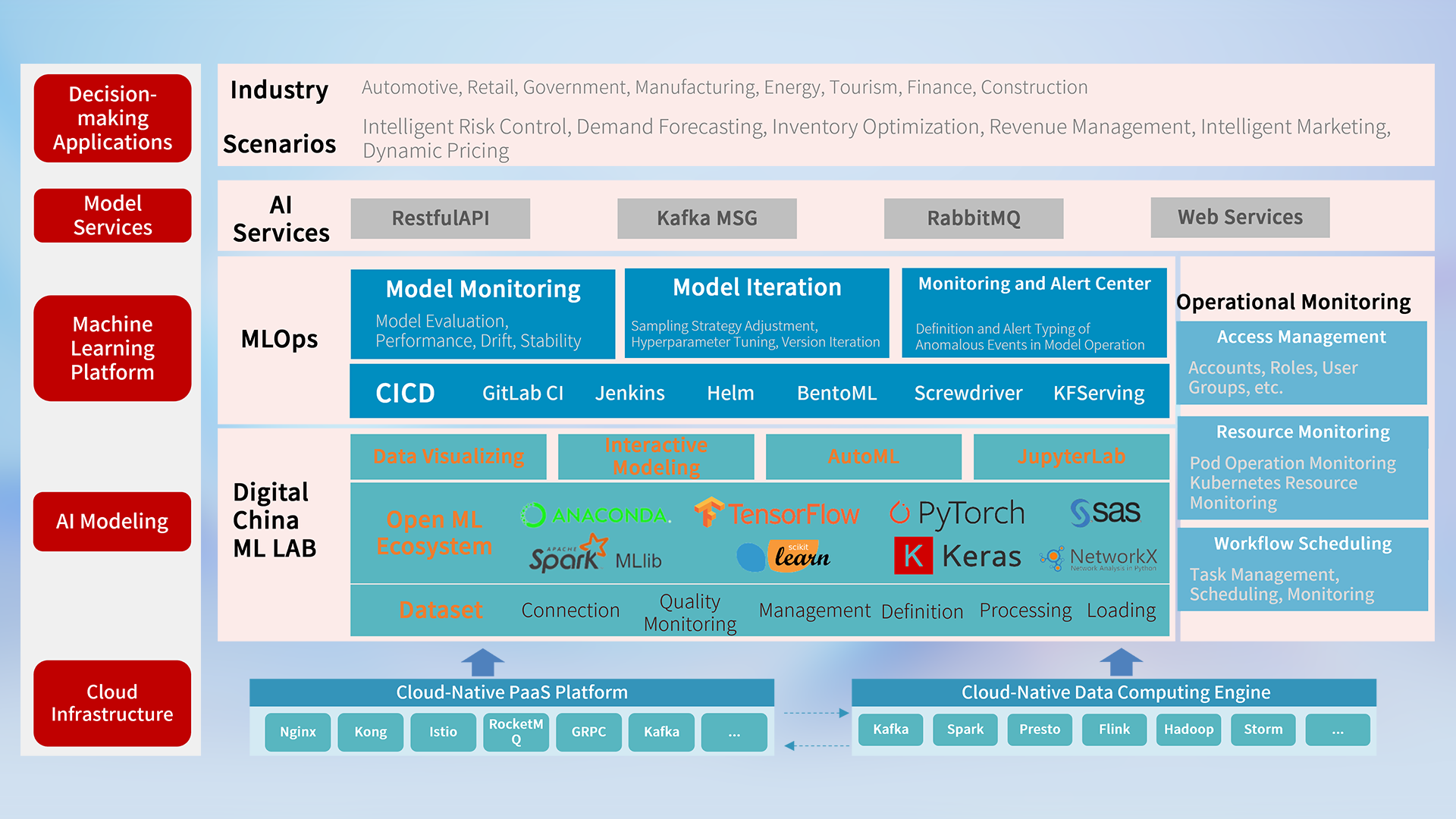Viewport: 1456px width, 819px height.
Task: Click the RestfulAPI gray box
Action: (440, 218)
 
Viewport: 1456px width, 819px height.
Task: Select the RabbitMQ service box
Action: (973, 218)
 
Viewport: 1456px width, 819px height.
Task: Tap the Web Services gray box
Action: (1240, 218)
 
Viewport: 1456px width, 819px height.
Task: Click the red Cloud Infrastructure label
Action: (112, 703)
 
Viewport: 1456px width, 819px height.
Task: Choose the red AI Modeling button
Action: (112, 522)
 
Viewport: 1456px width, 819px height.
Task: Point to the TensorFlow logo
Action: (777, 513)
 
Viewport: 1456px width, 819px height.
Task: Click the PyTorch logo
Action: (957, 513)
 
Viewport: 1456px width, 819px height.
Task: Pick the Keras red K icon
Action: (913, 556)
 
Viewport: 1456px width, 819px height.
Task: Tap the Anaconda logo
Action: (596, 516)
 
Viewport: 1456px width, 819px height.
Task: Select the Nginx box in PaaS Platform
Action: (297, 732)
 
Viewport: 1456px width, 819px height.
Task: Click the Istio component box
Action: (443, 732)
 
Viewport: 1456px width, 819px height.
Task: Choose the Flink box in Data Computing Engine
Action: (1114, 730)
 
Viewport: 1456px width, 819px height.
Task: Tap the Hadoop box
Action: (1188, 730)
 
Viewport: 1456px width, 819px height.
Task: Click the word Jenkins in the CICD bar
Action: (629, 393)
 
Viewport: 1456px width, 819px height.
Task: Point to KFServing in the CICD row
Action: (1099, 393)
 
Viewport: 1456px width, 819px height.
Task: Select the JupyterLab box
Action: (1071, 457)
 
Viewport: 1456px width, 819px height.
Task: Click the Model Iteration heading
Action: (757, 287)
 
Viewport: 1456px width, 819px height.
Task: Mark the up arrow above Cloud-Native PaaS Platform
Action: (482, 662)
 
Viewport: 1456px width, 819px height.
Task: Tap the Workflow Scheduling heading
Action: (1303, 544)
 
